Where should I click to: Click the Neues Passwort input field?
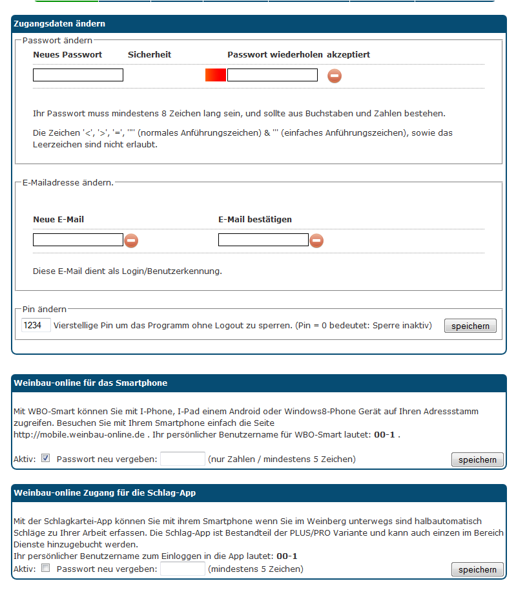(x=77, y=75)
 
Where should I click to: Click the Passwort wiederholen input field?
(x=272, y=75)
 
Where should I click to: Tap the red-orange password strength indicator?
(x=215, y=75)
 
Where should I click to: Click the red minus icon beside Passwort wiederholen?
(x=335, y=76)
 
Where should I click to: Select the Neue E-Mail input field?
(x=77, y=240)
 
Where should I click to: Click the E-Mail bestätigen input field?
(x=263, y=240)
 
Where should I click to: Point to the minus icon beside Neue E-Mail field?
(x=131, y=241)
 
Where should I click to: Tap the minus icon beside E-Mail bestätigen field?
(x=316, y=241)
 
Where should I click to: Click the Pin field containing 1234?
(x=36, y=325)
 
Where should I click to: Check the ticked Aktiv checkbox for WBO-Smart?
(x=45, y=459)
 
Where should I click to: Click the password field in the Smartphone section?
(x=182, y=459)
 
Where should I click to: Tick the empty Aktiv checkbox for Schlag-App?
(x=45, y=569)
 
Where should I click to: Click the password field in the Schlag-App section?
(x=182, y=569)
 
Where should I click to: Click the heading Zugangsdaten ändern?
(x=59, y=24)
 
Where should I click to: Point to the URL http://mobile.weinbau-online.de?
(x=79, y=434)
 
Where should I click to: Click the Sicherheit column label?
(x=149, y=55)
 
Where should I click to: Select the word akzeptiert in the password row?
(x=348, y=55)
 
